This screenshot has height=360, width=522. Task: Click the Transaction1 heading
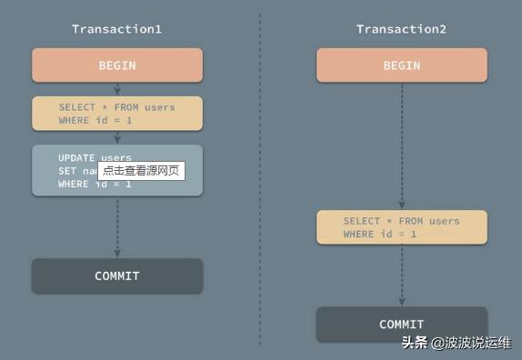pyautogui.click(x=116, y=29)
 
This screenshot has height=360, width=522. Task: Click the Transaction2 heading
pyautogui.click(x=401, y=29)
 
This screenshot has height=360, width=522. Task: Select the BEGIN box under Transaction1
pyautogui.click(x=117, y=65)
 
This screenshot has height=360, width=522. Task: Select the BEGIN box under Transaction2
pyautogui.click(x=401, y=65)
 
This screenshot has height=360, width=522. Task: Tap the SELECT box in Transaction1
pyautogui.click(x=117, y=114)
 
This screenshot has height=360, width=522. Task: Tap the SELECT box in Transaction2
pyautogui.click(x=401, y=227)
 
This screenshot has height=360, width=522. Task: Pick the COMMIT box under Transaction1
pyautogui.click(x=117, y=275)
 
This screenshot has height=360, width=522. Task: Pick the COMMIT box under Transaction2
pyautogui.click(x=401, y=324)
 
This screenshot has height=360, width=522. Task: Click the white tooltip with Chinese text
pyautogui.click(x=141, y=170)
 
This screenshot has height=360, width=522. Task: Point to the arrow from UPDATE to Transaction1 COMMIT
pyautogui.click(x=117, y=227)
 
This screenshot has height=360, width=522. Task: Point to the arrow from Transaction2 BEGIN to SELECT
pyautogui.click(x=401, y=145)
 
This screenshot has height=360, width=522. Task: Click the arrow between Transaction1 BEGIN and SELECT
pyautogui.click(x=117, y=89)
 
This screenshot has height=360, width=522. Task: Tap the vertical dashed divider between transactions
pyautogui.click(x=260, y=182)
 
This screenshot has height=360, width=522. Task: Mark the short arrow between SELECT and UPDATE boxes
pyautogui.click(x=117, y=138)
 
